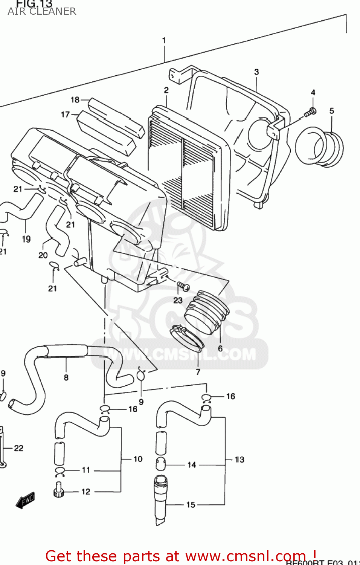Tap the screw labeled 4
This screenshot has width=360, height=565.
click(311, 111)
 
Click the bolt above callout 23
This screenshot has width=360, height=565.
click(183, 287)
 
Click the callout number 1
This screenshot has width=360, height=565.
click(164, 40)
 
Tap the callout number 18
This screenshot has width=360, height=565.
click(75, 99)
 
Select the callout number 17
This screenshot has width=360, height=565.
click(66, 114)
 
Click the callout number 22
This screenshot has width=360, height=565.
click(18, 448)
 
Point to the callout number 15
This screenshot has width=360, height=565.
click(191, 505)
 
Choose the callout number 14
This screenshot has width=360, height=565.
click(192, 465)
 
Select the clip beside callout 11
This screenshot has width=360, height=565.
click(60, 471)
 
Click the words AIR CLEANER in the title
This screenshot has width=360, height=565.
click(42, 11)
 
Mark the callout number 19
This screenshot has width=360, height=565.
click(26, 239)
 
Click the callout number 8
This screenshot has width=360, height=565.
click(66, 377)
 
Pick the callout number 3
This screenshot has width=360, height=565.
click(256, 72)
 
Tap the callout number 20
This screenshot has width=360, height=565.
click(43, 255)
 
